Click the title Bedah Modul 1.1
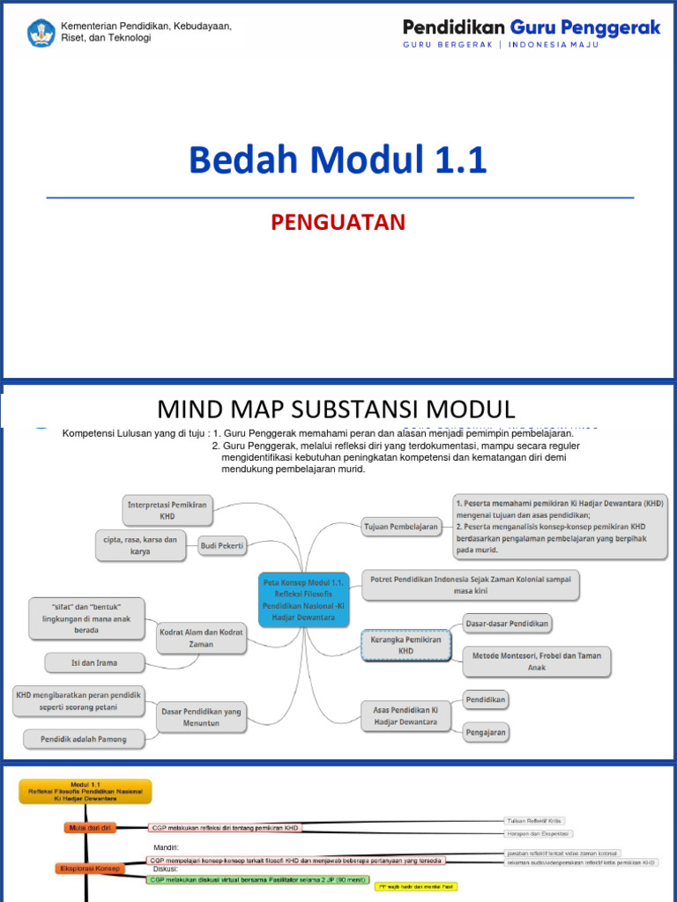(338, 160)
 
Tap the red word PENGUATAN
(338, 222)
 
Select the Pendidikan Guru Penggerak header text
(531, 28)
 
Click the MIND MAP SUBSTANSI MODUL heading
(336, 409)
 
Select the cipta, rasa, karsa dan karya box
(139, 545)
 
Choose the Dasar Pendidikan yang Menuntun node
(202, 716)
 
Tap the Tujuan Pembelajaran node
(401, 527)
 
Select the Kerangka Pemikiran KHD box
(405, 645)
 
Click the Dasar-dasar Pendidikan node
(507, 624)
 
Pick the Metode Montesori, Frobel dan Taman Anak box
(536, 662)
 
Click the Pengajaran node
(487, 731)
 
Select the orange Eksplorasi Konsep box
(90, 869)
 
